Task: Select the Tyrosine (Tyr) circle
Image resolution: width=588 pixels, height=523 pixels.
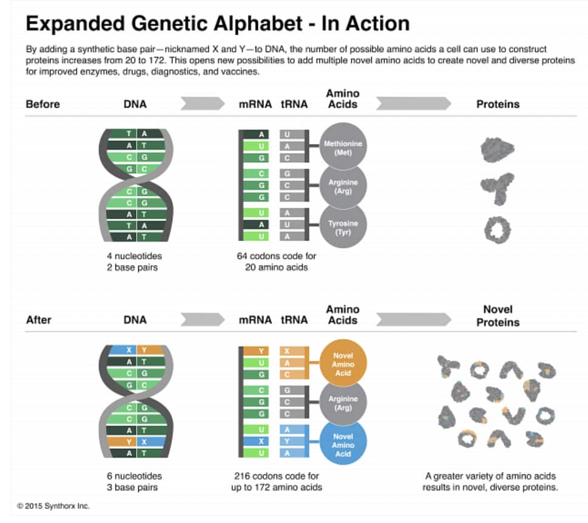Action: (x=343, y=227)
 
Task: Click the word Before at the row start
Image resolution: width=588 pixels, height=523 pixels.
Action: (x=42, y=104)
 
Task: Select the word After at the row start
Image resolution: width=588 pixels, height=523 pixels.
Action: (x=39, y=320)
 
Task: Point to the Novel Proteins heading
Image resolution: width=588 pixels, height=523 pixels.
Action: (x=498, y=316)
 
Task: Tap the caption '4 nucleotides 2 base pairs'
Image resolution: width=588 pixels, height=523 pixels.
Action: (x=135, y=262)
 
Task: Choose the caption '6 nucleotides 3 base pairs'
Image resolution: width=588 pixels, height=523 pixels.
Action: (x=135, y=482)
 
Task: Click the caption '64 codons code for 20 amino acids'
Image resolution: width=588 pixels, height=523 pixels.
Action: (x=276, y=262)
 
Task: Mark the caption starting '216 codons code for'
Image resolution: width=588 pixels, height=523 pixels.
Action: (x=276, y=482)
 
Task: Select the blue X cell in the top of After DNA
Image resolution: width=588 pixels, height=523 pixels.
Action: (x=129, y=349)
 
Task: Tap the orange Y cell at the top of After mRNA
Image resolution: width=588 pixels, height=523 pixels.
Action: (x=261, y=350)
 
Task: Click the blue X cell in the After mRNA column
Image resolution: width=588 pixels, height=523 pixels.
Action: (x=261, y=442)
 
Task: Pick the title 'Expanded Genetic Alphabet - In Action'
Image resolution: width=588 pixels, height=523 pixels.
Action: (x=217, y=24)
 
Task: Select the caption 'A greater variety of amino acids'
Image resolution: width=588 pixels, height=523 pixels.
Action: (x=490, y=476)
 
